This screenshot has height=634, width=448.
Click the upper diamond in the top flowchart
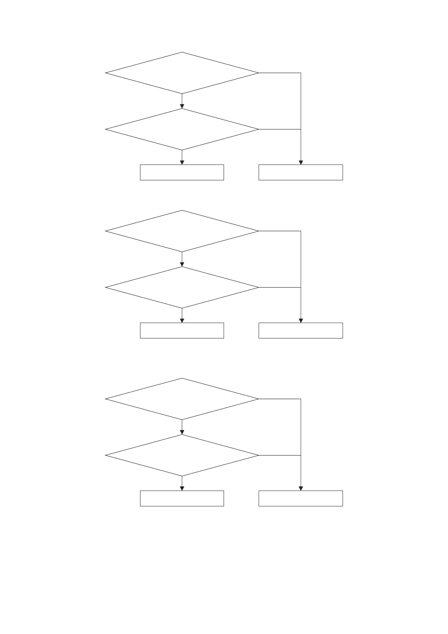(182, 73)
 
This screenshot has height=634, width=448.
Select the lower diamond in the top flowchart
(182, 129)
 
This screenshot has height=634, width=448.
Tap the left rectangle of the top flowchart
(182, 172)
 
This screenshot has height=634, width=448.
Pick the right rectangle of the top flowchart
(300, 172)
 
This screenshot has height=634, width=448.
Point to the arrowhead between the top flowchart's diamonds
(182, 106)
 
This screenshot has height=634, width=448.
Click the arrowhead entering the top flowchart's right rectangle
(300, 162)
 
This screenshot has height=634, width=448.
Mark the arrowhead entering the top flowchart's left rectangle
(182, 162)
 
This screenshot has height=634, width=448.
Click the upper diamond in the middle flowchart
(182, 231)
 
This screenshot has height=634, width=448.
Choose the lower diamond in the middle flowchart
(182, 287)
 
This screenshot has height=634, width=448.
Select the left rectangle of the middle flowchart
(182, 330)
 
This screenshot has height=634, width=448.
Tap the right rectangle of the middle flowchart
(300, 330)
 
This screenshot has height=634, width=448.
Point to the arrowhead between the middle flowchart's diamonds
(182, 264)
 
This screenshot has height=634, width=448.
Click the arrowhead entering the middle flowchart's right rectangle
(300, 320)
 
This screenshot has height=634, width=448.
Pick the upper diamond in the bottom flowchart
(182, 399)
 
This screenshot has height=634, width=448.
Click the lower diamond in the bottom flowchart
(182, 455)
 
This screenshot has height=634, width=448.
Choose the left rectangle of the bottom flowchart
(182, 498)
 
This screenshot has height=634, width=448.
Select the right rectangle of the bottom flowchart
(300, 498)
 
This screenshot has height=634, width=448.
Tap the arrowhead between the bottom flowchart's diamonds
(182, 432)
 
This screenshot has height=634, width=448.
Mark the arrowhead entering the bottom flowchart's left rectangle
(182, 488)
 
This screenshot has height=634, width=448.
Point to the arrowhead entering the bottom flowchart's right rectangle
(300, 488)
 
